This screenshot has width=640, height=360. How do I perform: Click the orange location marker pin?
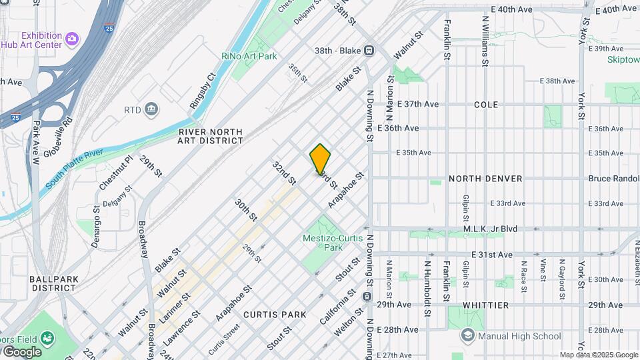pos(320,159)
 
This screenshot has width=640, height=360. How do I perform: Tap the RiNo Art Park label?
pos(249,57)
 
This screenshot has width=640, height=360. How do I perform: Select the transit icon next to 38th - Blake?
pos(369,50)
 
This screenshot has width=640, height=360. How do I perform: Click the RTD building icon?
pos(152,109)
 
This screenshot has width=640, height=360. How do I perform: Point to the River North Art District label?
pos(211,136)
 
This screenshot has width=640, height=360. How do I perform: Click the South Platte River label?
pos(74,169)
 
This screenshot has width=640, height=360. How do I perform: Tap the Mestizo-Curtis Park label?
pos(333,243)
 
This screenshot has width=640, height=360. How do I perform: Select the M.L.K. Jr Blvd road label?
pos(490,229)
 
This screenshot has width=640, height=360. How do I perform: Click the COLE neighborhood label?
pos(485,105)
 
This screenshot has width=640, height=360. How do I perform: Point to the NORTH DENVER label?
pos(485,179)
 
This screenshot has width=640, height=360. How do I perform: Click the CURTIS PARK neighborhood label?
pos(275,315)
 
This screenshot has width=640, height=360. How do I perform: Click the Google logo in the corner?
pos(21,351)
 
